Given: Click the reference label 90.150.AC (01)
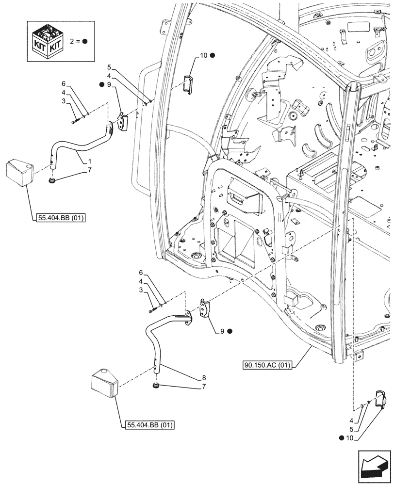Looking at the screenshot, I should (266, 365).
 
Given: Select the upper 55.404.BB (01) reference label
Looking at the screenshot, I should (60, 218).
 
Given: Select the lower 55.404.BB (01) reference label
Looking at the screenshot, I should (149, 425).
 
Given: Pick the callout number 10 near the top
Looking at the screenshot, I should (203, 56).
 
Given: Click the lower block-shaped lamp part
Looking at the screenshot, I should (105, 383).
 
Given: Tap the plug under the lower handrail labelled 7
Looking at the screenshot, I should (156, 386).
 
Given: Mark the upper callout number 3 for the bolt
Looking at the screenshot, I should (63, 101).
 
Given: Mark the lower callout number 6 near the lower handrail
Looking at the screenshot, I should (141, 273).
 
